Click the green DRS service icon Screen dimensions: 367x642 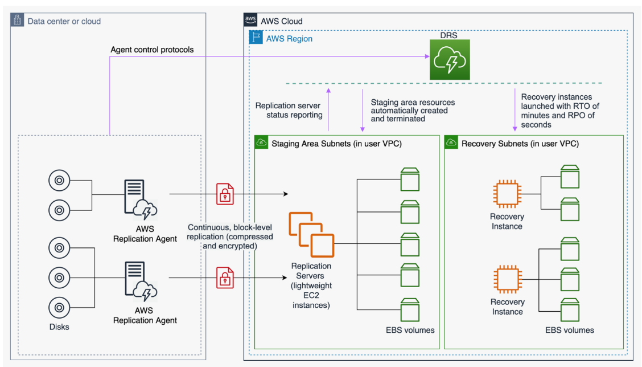pos(450,60)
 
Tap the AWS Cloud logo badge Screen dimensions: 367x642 pos(250,21)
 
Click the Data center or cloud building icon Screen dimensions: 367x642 pos(18,21)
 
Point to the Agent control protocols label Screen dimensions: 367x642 pos(152,50)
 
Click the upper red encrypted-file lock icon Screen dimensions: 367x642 pos(225,194)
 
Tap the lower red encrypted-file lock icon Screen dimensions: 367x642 pos(225,278)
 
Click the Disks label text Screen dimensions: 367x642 pos(59,327)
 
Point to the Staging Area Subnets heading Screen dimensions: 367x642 pos(336,144)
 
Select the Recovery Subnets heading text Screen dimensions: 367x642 pos(520,144)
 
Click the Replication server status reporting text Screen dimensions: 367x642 pos(289,111)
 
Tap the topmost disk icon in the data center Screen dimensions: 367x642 pos(59,181)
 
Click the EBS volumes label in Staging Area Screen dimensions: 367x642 pos(410,330)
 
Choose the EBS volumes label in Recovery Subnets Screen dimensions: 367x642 pos(569,330)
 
